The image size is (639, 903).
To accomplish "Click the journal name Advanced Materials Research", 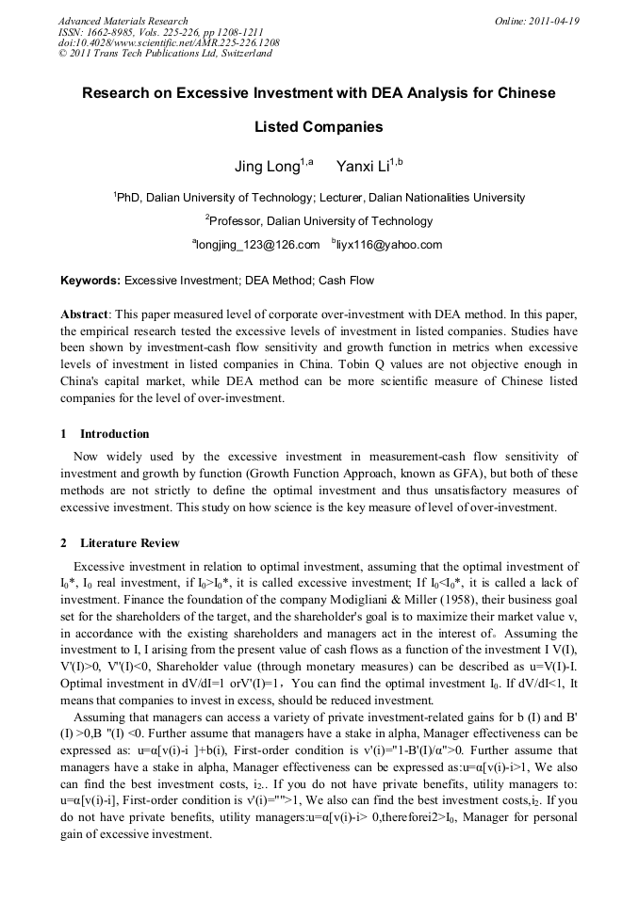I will pyautogui.click(x=123, y=21).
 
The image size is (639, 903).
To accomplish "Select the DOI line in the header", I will pyautogui.click(x=169, y=42).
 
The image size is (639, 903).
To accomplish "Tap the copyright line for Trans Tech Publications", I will pyautogui.click(x=165, y=54).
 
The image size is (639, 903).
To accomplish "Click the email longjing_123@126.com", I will pyautogui.click(x=256, y=245).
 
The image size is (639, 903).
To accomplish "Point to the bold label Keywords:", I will pyautogui.click(x=90, y=281).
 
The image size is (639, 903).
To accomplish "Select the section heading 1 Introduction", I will pyautogui.click(x=105, y=434).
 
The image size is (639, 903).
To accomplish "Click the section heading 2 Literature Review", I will pyautogui.click(x=120, y=543).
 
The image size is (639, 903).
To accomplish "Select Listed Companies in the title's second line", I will pyautogui.click(x=319, y=126).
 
